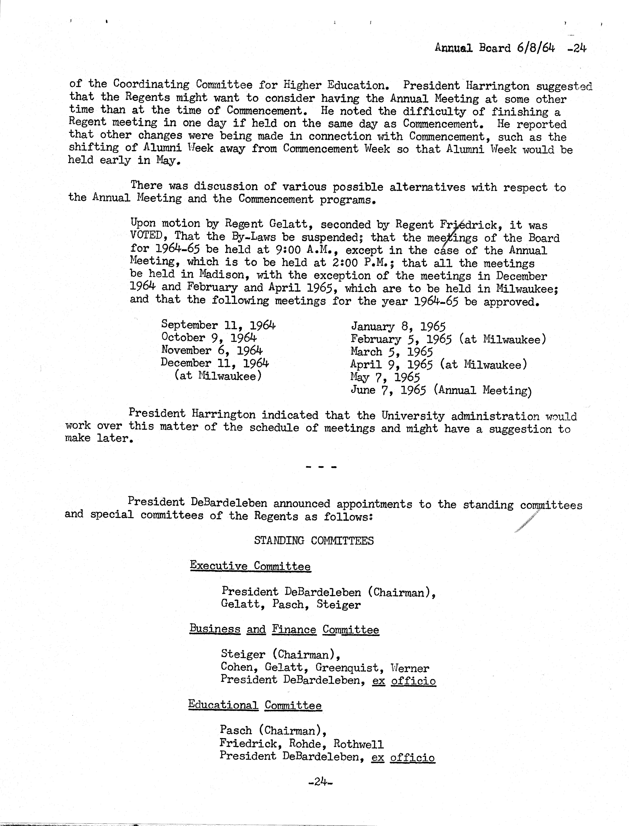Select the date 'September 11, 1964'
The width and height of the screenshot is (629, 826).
coord(218,325)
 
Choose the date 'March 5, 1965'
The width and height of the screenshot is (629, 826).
coord(391,352)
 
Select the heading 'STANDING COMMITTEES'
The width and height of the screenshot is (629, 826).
coord(314,540)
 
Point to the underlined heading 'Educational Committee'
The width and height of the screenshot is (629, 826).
coord(255,705)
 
